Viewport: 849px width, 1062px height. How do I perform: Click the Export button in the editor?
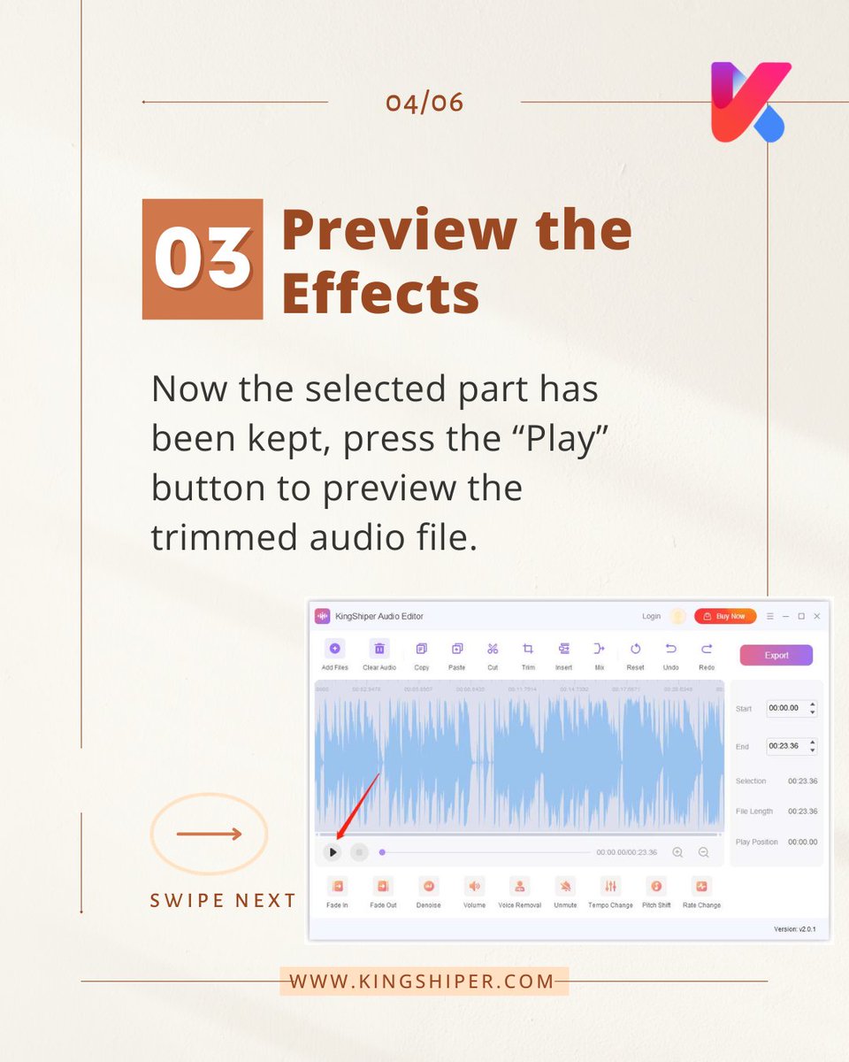[x=776, y=655]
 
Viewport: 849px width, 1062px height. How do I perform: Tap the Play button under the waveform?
[x=332, y=852]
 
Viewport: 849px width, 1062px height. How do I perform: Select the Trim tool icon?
[x=528, y=649]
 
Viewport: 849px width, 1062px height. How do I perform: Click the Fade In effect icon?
[x=337, y=886]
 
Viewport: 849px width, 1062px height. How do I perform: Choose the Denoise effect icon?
[x=428, y=886]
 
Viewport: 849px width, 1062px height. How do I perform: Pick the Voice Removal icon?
[x=520, y=886]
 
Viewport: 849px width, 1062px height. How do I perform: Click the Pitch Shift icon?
[x=656, y=886]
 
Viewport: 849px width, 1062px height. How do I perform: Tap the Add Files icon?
[x=334, y=649]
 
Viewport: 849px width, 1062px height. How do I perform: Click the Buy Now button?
[x=724, y=616]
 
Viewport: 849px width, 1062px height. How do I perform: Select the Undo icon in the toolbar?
[x=671, y=649]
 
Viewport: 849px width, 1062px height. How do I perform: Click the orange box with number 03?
[x=203, y=258]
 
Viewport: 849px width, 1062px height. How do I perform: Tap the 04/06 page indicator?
[x=424, y=103]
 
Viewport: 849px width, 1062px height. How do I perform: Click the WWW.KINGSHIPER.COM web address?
[x=422, y=981]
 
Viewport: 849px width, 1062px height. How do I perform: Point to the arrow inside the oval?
[x=209, y=834]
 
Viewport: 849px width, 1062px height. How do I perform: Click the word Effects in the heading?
[x=380, y=294]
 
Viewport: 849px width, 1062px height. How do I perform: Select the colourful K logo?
[x=749, y=101]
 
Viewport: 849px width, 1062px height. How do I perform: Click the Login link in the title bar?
[x=651, y=616]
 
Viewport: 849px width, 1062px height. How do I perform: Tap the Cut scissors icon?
[x=493, y=649]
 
